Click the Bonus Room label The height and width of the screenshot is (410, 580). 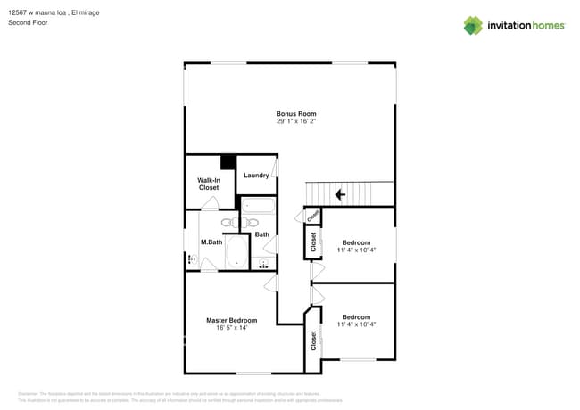pos(296,114)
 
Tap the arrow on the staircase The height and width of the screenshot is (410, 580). pos(339,193)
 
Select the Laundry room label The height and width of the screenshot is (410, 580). pos(256,176)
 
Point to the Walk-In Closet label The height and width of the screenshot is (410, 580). pos(208,184)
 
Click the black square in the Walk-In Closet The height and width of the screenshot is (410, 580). pos(228,162)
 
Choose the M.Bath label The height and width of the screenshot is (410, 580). pos(211,242)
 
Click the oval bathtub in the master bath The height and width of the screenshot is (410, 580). pos(237,252)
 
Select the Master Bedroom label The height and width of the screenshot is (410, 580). pos(231,320)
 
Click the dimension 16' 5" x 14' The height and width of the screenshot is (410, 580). pos(231,328)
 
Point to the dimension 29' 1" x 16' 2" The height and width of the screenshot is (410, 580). pos(296,121)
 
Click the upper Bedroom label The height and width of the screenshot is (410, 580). pos(356,242)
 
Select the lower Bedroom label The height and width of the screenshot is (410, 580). pos(356,316)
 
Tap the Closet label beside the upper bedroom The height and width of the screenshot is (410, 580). pos(313,241)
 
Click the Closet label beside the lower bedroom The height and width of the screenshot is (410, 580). pos(313,340)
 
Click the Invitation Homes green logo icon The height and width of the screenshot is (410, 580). pos(473,25)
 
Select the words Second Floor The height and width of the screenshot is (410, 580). pos(28,22)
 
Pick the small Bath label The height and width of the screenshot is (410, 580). pos(262,234)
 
